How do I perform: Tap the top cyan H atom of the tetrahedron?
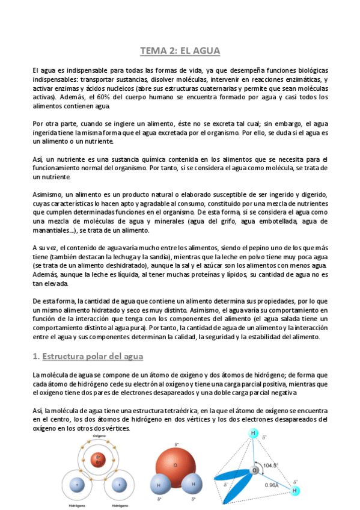254,433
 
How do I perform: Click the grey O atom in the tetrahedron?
255,469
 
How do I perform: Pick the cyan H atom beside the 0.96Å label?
294,491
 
